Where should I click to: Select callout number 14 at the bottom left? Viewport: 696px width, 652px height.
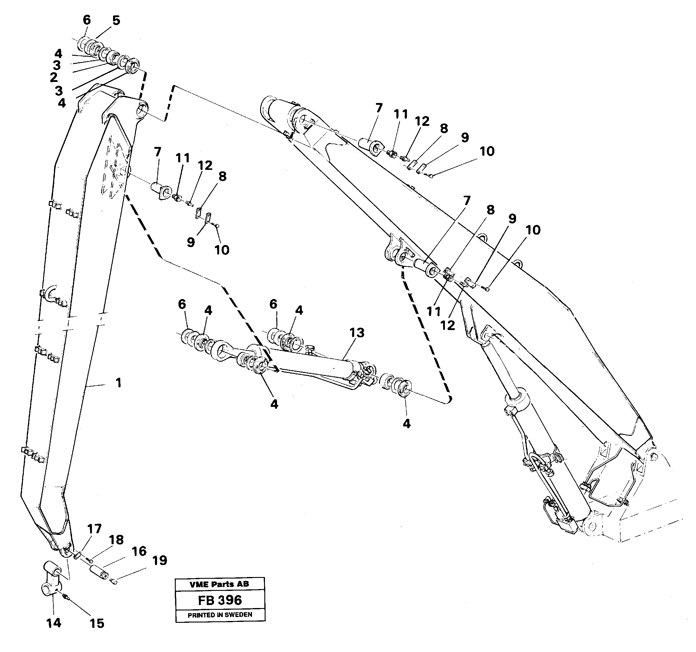click(x=54, y=623)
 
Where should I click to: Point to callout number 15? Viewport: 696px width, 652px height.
click(x=97, y=623)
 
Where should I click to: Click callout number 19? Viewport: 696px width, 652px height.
click(x=160, y=560)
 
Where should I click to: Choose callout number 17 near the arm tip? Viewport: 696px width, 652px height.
click(x=94, y=529)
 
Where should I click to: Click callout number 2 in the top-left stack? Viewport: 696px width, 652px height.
click(x=53, y=77)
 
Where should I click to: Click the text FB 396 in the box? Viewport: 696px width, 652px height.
click(x=219, y=600)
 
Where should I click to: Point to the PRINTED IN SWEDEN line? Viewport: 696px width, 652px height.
click(x=219, y=615)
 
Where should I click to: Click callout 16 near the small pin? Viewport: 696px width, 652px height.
click(x=139, y=551)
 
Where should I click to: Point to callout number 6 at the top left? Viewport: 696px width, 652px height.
click(x=87, y=20)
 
